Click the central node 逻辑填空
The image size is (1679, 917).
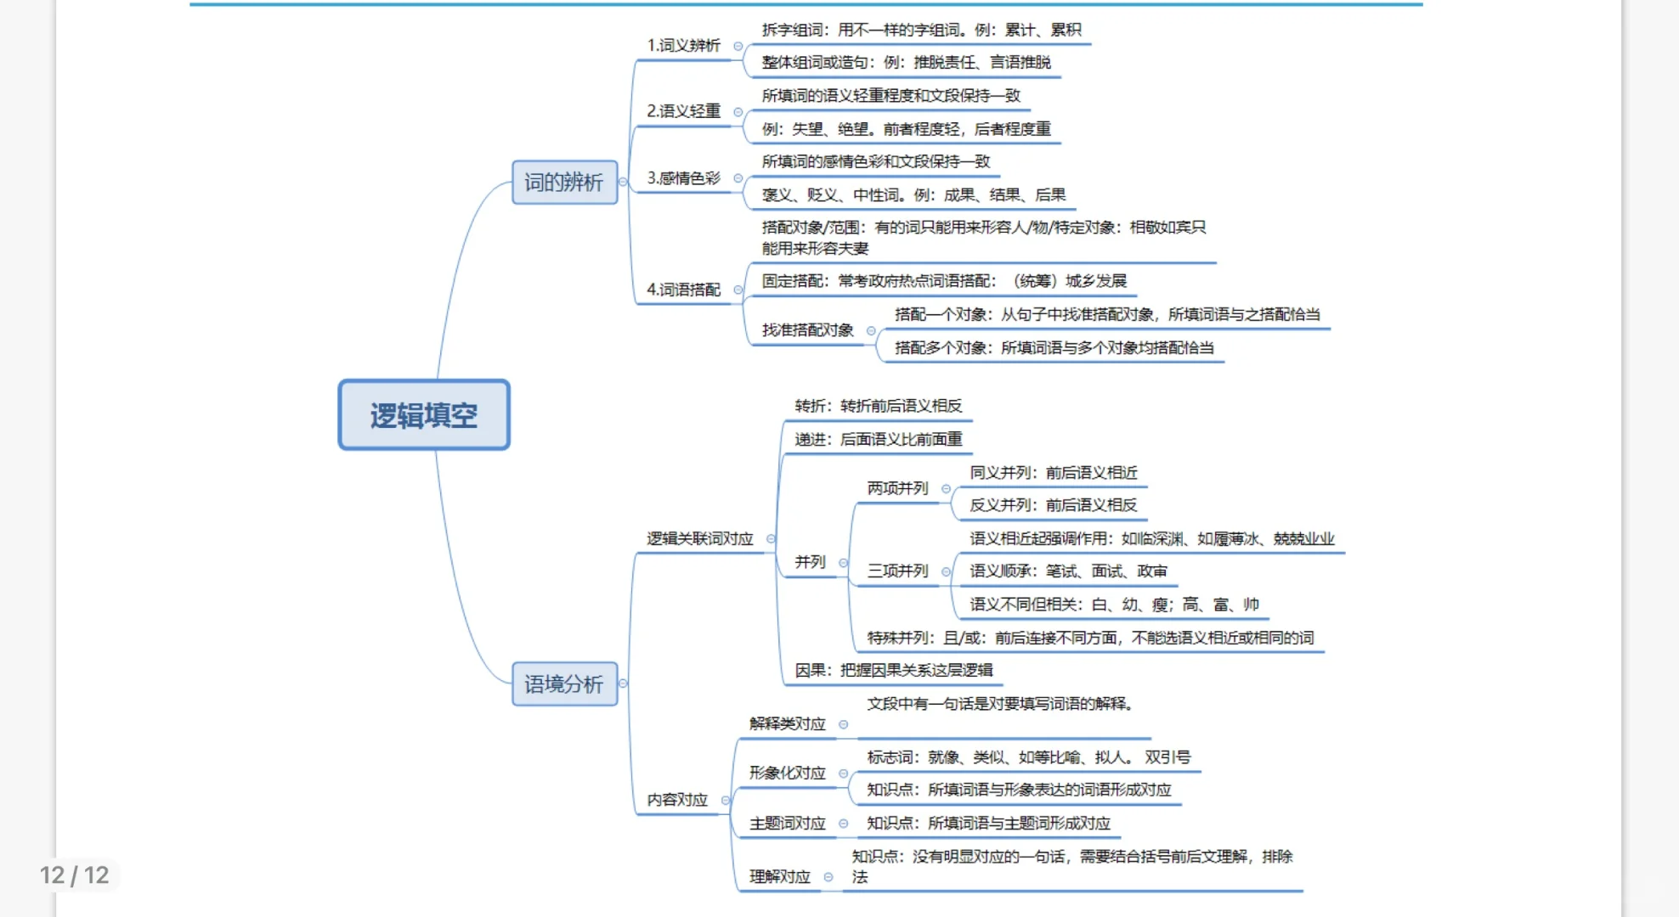pos(424,415)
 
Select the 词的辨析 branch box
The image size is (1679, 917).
pos(564,182)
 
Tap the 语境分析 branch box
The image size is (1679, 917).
pos(564,684)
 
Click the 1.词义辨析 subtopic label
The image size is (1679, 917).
pos(683,45)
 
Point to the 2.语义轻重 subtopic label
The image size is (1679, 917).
pos(683,111)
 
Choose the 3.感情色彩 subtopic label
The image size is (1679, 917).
pos(683,178)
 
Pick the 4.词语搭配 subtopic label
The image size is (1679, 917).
pos(683,290)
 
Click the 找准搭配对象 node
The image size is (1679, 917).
pos(807,330)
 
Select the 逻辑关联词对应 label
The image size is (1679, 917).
pos(699,538)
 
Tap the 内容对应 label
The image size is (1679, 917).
pos(677,800)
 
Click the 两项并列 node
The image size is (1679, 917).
pos(897,488)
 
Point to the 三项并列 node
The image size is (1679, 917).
pos(897,571)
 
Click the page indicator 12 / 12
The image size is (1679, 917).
pos(75,875)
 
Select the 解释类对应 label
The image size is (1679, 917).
pos(787,724)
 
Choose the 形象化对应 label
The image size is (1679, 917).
pos(787,774)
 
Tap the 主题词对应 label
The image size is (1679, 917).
pos(787,824)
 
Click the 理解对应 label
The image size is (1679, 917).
pos(779,877)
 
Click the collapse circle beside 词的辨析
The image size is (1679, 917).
pos(623,182)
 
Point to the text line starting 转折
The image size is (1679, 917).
pos(878,406)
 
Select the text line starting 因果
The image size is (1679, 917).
pos(893,670)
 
